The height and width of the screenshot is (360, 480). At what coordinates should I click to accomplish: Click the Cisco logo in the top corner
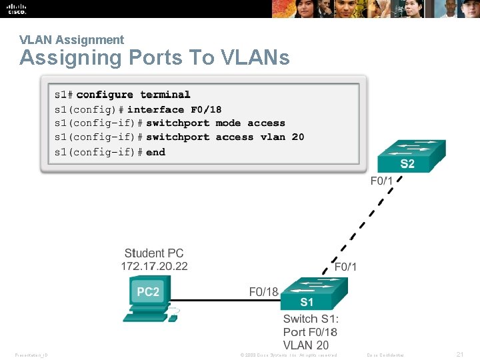(x=17, y=9)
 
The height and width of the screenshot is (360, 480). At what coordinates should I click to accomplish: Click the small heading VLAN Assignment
(x=71, y=40)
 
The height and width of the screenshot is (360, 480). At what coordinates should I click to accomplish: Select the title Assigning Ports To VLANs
(x=155, y=58)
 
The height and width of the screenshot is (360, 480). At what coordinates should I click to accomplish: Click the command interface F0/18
(x=174, y=109)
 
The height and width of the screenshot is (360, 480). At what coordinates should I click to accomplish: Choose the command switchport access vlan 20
(x=225, y=137)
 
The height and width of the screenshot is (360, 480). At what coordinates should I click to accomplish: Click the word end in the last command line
(x=155, y=152)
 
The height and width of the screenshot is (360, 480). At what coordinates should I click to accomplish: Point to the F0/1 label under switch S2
(x=382, y=180)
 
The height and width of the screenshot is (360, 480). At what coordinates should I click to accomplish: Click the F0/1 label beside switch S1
(x=345, y=267)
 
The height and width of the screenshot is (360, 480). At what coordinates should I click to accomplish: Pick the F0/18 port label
(x=263, y=291)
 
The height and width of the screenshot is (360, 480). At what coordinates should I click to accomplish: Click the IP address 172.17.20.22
(x=154, y=266)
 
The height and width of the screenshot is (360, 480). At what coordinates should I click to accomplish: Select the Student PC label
(x=154, y=253)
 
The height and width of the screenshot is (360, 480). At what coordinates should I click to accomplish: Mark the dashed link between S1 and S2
(x=363, y=223)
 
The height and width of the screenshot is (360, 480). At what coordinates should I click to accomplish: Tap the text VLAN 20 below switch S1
(x=306, y=345)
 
